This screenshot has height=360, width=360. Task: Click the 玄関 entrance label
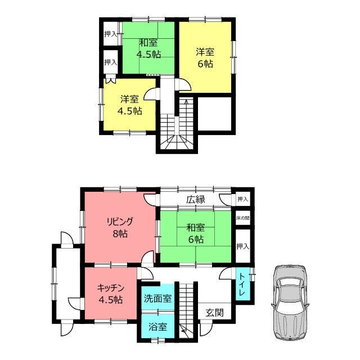(x=214, y=313)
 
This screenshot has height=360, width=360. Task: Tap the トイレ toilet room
(x=243, y=284)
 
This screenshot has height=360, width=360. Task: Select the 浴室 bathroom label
(x=157, y=327)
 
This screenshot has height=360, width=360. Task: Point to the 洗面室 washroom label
(x=157, y=299)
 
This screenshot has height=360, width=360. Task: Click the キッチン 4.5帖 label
(x=111, y=294)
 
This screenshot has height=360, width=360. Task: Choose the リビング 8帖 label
(x=120, y=228)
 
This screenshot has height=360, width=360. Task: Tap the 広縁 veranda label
(x=196, y=200)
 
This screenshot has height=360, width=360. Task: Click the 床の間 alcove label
(x=242, y=218)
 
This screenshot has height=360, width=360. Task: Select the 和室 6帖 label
(x=196, y=234)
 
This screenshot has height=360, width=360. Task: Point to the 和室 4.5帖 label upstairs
(x=148, y=48)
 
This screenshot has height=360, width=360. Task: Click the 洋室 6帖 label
(x=205, y=58)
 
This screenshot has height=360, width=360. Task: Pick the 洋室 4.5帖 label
(x=130, y=105)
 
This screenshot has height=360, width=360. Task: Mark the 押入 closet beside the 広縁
(x=242, y=199)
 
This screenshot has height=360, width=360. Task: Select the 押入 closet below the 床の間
(x=242, y=246)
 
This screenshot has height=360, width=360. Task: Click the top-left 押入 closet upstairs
(x=111, y=34)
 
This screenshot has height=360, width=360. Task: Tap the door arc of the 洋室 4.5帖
(x=150, y=94)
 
